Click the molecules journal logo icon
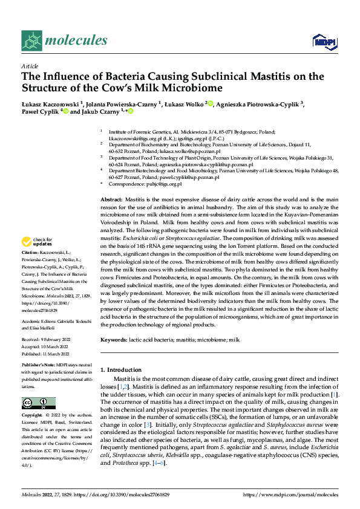tap(31, 40)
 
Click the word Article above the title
tap(29, 66)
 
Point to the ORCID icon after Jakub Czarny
tap(129, 112)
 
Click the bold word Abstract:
tap(111, 199)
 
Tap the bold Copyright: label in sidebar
tap(32, 417)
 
